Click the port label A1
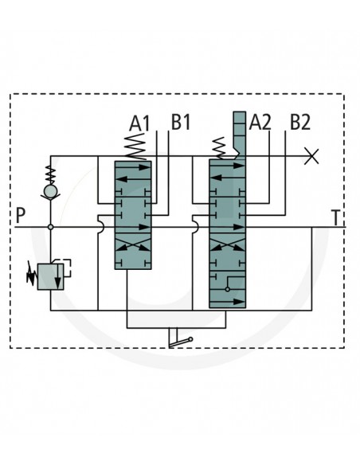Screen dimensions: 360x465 point(139,123)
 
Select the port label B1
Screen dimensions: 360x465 point(181,122)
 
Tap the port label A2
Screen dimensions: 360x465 point(260,122)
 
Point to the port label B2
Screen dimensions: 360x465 point(300,122)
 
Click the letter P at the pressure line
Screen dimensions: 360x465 point(20,216)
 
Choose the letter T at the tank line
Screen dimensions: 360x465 point(335,218)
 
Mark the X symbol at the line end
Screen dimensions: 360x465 point(311,156)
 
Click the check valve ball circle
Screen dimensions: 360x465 point(51,191)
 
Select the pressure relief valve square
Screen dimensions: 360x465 point(50,276)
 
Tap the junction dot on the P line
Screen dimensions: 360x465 point(51,227)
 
